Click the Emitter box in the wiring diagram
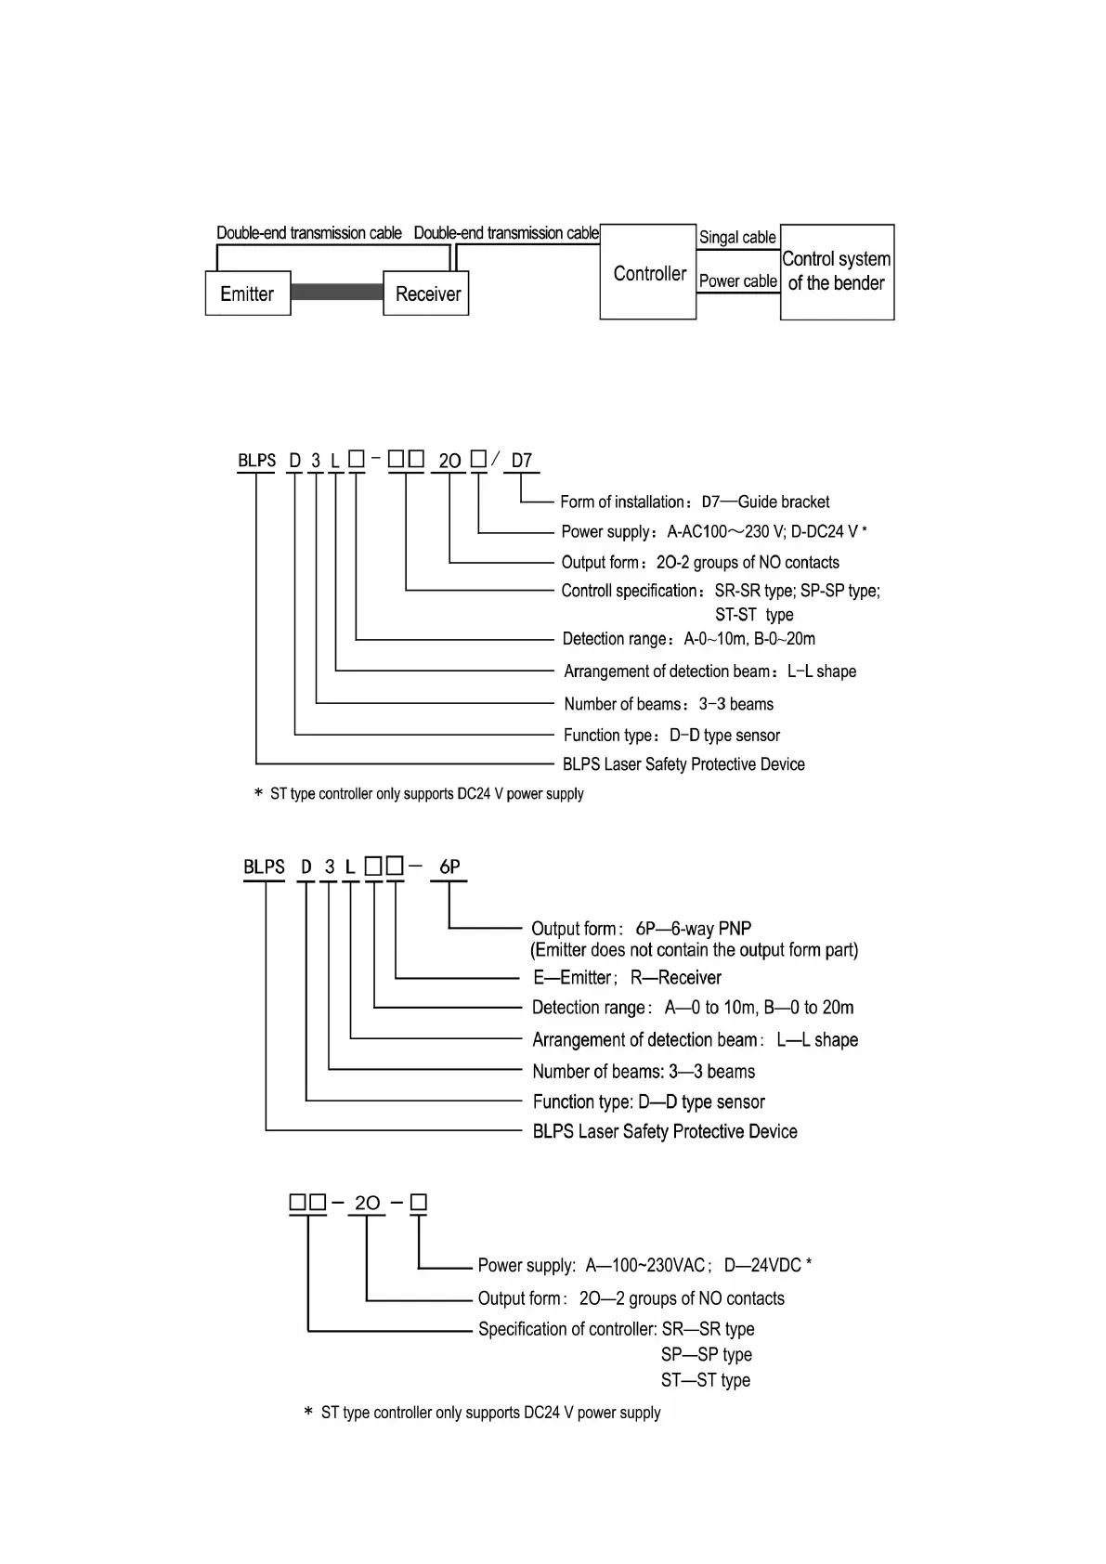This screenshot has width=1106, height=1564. pos(247,293)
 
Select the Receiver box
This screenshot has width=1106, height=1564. pos(426,293)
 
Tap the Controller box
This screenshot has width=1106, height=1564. pos(648,273)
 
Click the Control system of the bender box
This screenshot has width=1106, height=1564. pos(837,271)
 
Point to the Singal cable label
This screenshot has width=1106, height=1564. pos(737,238)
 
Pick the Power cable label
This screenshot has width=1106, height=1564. pos(738,280)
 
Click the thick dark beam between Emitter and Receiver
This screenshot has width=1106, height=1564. pos(337,293)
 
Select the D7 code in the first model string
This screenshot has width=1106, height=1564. pos(522,461)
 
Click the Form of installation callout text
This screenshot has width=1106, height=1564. pos(695,502)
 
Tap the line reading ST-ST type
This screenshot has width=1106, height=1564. pos(754,615)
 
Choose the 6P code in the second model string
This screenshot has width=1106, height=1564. pos(449,867)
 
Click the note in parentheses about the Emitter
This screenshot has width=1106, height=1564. pos(694,950)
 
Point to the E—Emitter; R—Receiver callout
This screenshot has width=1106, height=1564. pos(627,977)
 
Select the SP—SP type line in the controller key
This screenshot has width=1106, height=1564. pos(706,1354)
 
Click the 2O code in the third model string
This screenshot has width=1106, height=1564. pos(368,1203)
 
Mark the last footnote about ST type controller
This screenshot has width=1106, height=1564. pos(483,1413)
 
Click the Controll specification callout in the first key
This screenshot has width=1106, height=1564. pos(721,591)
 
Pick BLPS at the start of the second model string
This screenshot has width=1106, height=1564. pos(265,867)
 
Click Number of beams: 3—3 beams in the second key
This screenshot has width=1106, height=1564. pos(644,1071)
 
